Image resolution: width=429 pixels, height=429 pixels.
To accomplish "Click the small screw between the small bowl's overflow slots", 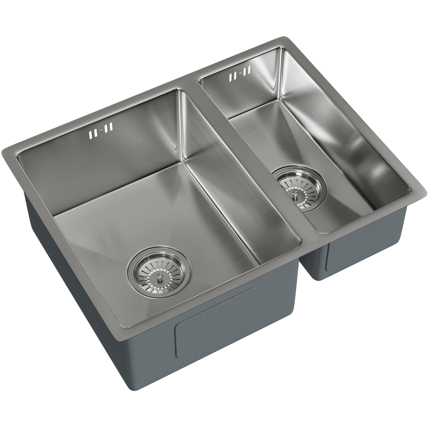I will (240, 74).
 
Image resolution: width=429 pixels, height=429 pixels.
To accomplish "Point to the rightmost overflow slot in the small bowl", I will (250, 70).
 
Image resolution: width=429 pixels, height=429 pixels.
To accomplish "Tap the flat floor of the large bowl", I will (148, 219).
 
